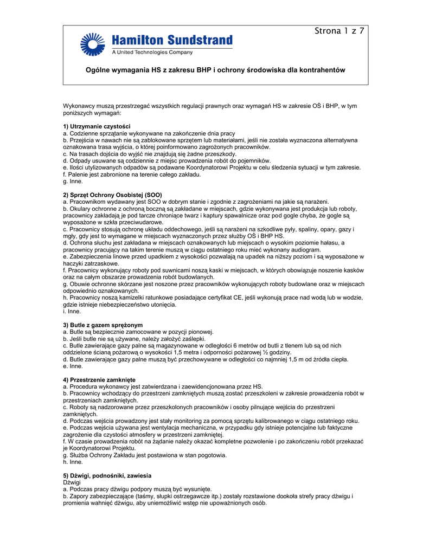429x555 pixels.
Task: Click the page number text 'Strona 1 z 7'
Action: coord(339,31)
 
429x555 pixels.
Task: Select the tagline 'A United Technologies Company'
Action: coord(152,53)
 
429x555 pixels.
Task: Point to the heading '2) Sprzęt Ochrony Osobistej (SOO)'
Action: coord(112,195)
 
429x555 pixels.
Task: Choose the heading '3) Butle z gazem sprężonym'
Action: coord(103,325)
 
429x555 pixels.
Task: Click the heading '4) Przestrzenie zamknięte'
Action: coord(99,379)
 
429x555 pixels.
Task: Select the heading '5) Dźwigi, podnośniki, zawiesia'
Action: coord(107,475)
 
